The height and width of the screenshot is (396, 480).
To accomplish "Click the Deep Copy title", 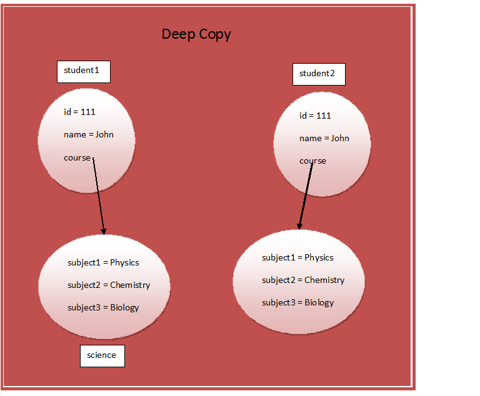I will click(x=196, y=34).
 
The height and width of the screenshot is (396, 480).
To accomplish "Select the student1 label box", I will click(x=83, y=71).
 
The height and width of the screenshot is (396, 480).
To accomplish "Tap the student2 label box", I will click(x=318, y=74).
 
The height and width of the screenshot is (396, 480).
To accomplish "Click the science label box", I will click(x=102, y=355).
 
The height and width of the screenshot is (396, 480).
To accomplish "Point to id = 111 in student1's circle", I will click(x=79, y=112).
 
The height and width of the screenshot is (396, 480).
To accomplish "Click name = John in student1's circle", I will click(x=89, y=134).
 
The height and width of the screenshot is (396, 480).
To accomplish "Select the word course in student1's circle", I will click(x=77, y=157).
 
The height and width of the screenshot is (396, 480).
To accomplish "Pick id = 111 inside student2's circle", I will click(x=315, y=116).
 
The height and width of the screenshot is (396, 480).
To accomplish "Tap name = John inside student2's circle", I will click(x=324, y=138).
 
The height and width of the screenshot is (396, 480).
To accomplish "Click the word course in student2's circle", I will click(x=312, y=161).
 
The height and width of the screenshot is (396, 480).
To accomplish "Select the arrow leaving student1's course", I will click(x=99, y=195).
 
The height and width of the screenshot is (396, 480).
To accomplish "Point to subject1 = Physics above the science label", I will click(x=103, y=263).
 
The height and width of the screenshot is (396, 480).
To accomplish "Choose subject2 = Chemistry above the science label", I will click(x=109, y=285).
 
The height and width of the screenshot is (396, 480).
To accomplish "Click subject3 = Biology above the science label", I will click(x=103, y=307).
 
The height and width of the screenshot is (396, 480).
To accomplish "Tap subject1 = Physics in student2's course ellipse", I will click(x=297, y=258).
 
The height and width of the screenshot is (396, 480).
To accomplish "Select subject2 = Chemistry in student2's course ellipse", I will click(x=303, y=280).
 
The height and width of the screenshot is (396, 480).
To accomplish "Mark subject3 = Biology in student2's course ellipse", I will click(x=297, y=303).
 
